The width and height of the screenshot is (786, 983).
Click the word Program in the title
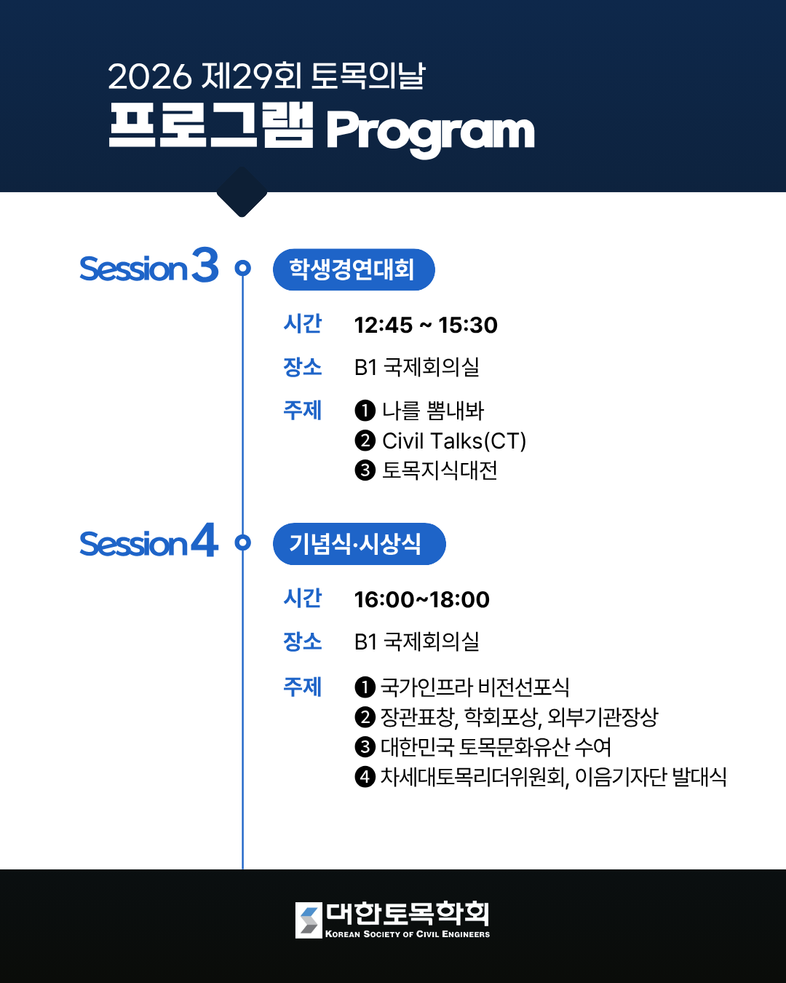pyautogui.click(x=430, y=132)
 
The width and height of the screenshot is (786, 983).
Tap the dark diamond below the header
pyautogui.click(x=242, y=192)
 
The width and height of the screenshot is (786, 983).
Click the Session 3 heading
pyautogui.click(x=149, y=267)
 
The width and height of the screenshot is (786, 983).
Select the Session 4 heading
pyautogui.click(x=149, y=542)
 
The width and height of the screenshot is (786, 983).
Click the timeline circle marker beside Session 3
pyautogui.click(x=243, y=268)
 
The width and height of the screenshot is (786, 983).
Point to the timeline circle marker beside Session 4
pyautogui.click(x=243, y=542)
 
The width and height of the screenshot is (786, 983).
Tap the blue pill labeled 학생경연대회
pyautogui.click(x=354, y=269)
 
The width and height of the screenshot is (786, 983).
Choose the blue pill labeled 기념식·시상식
pyautogui.click(x=359, y=544)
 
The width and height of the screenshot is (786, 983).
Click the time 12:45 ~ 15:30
pyautogui.click(x=426, y=325)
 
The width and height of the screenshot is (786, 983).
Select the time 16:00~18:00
pyautogui.click(x=422, y=599)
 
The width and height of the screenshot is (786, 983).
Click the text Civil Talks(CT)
pyautogui.click(x=454, y=441)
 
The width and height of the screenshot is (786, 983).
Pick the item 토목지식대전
pyautogui.click(x=440, y=470)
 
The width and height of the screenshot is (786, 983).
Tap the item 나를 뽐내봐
pyautogui.click(x=433, y=411)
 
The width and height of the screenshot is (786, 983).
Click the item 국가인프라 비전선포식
pyautogui.click(x=475, y=687)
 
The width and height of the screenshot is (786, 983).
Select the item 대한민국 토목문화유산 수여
pyautogui.click(x=496, y=746)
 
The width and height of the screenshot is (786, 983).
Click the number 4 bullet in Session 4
pyautogui.click(x=365, y=777)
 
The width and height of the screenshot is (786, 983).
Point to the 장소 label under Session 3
pyautogui.click(x=302, y=367)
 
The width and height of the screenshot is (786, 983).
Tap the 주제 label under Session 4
pyautogui.click(x=302, y=687)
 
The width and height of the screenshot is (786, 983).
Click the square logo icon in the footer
pyautogui.click(x=309, y=920)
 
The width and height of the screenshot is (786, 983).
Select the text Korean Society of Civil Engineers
pyautogui.click(x=408, y=934)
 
